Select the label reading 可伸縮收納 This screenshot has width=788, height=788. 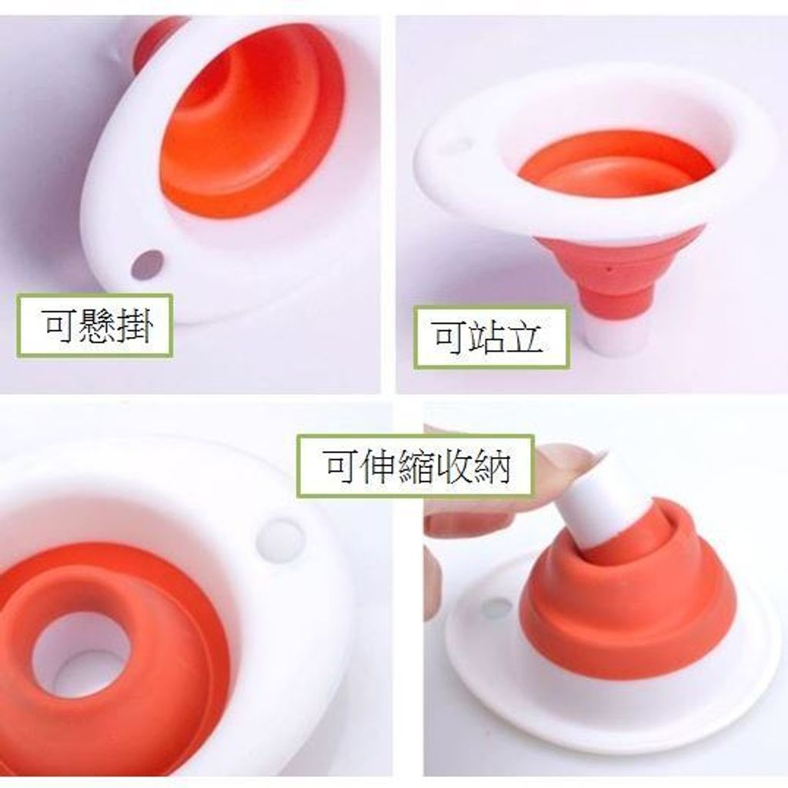[x=415, y=466]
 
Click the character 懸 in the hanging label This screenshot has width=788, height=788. [x=95, y=326]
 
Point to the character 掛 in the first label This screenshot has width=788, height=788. [x=134, y=326]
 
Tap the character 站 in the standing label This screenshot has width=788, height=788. [x=486, y=337]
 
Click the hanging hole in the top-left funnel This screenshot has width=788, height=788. [x=147, y=265]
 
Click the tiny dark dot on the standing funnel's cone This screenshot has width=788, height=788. [x=609, y=269]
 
